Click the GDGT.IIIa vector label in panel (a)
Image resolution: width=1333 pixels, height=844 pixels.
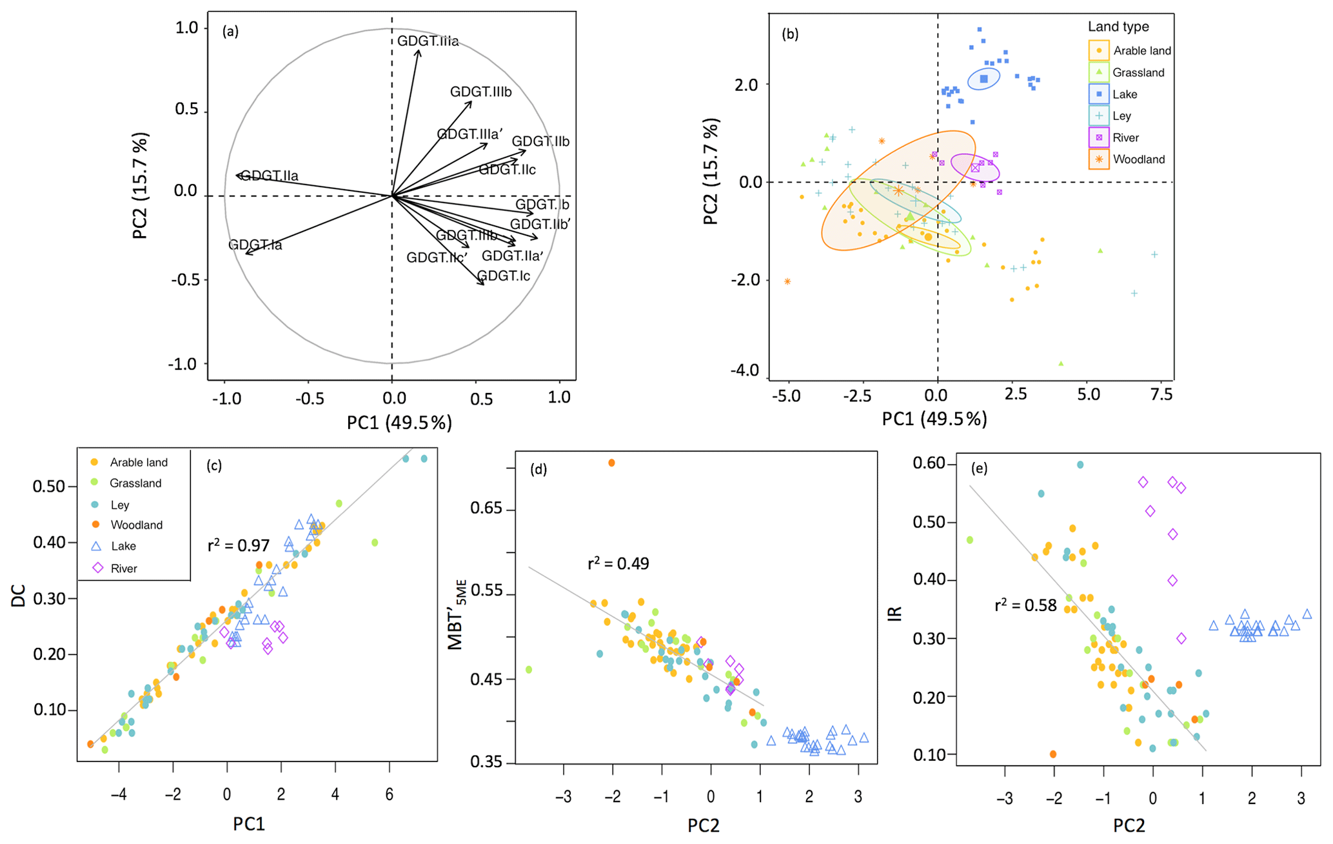point(428,41)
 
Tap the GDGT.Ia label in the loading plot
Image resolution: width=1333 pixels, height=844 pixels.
point(255,245)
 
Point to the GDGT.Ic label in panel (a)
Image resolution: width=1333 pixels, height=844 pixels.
point(504,276)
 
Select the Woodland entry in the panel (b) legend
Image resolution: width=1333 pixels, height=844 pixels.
point(1138,159)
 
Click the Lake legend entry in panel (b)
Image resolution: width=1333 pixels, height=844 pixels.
point(1124,94)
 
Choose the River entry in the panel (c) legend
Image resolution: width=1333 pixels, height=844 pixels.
point(124,568)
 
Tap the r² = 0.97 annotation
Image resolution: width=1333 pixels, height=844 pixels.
point(239,546)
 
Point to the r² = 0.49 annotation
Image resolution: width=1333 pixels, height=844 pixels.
point(618,564)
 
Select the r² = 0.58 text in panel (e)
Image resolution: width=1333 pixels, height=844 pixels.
point(1025,605)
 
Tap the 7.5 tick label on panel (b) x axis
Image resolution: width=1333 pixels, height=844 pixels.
point(1161,394)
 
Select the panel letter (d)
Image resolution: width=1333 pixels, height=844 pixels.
point(538,469)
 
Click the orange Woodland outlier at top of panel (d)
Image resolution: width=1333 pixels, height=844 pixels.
point(611,463)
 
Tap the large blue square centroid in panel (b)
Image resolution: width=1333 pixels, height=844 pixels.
point(984,79)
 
